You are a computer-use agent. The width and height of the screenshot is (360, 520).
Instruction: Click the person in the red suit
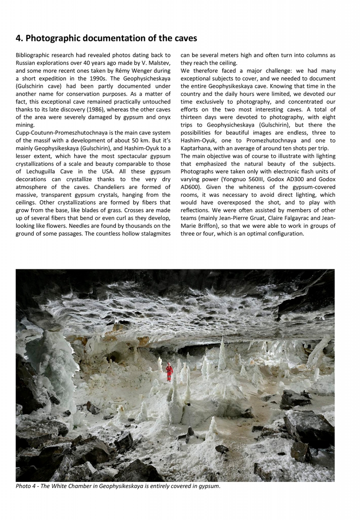tap(169, 371)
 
